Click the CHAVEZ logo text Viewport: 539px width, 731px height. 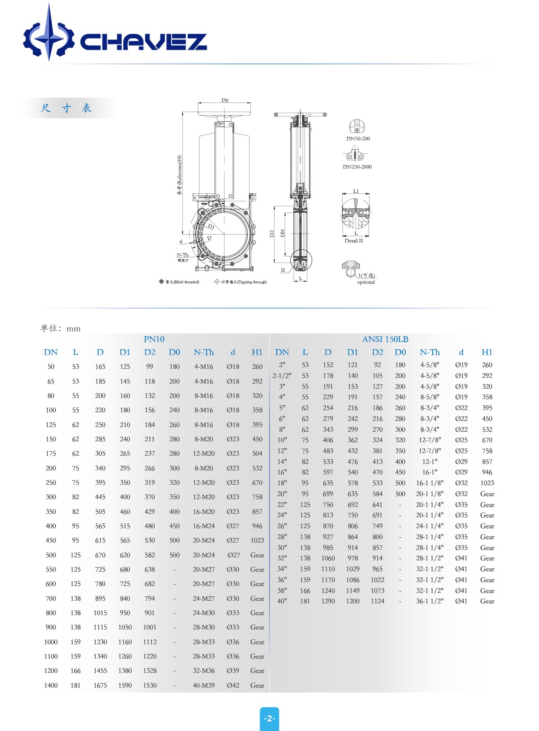pos(143,42)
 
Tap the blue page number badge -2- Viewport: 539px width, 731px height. pos(269,718)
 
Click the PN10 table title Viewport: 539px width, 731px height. pos(154,339)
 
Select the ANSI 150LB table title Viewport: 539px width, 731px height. pos(385,339)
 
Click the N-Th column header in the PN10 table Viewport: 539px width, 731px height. pos(203,352)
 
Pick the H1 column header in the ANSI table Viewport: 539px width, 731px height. pos(487,352)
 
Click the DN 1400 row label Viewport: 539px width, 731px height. pos(51,685)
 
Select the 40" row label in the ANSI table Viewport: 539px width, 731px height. pos(282,601)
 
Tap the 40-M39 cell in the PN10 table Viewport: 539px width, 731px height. pos(203,685)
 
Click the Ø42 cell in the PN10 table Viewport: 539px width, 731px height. pos(233,685)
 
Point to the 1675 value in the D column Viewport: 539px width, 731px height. pos(100,685)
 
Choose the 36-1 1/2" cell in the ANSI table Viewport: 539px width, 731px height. pos(429,601)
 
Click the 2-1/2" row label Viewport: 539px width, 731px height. pos(282,376)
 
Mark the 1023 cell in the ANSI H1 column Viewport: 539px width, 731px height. pos(487,483)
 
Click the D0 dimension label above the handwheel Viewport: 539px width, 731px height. pos(225,100)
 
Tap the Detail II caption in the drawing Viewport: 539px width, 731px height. pos(353,241)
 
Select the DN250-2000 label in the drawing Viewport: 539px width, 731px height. pos(357,167)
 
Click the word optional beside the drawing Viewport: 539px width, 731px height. pos(366,282)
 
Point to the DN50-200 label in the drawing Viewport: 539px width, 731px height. pos(358,139)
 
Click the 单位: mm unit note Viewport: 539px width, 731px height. pos(60,328)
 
